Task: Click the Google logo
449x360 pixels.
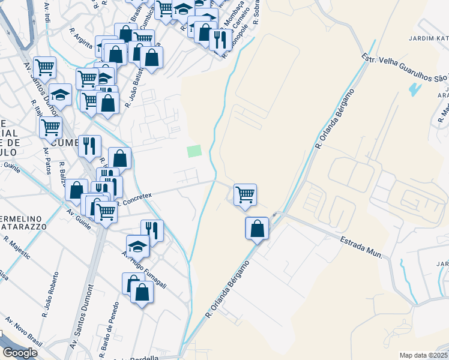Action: [20, 352]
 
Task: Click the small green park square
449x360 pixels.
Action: [194, 151]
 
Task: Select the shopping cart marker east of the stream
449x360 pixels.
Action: [245, 194]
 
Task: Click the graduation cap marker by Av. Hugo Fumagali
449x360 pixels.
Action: [137, 245]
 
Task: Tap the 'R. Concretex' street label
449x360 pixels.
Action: [136, 198]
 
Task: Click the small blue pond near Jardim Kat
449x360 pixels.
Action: [414, 89]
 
